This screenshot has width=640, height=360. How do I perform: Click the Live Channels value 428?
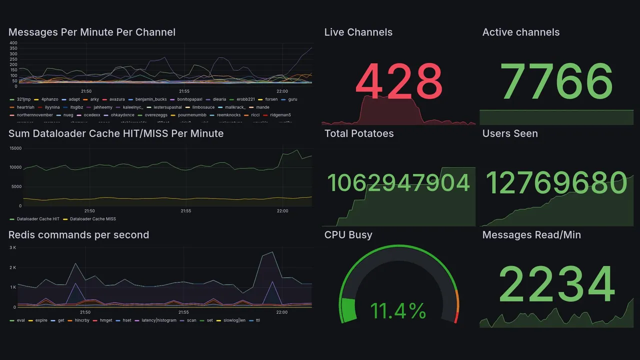click(x=398, y=81)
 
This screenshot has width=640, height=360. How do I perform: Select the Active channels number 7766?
click(x=557, y=81)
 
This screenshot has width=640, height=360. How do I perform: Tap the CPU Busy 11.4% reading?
click(x=398, y=311)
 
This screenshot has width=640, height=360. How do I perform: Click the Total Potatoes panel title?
click(x=359, y=133)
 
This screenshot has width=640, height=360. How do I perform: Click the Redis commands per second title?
click(x=78, y=235)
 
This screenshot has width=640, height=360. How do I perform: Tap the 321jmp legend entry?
click(x=23, y=99)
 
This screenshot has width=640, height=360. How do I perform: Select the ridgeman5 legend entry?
click(x=280, y=115)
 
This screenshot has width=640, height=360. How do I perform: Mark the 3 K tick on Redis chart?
click(x=13, y=247)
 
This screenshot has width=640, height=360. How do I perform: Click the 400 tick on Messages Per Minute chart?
click(x=13, y=43)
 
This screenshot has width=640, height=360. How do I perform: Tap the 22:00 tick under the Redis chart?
click(x=282, y=312)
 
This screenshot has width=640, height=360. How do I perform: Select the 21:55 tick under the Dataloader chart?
click(x=185, y=211)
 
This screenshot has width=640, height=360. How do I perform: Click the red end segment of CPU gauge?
click(x=455, y=317)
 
